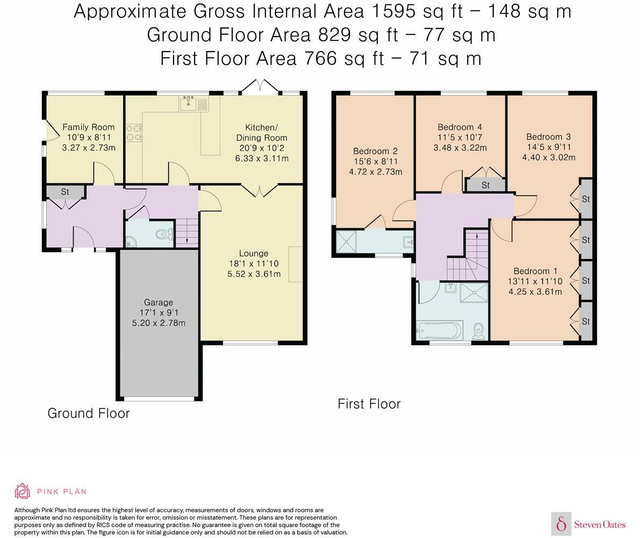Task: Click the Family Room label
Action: coord(88,127)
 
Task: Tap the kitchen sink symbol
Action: coord(193,104)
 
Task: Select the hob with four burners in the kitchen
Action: coord(134,133)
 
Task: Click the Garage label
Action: coord(159,303)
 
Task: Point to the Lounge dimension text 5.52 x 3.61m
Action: coord(254,274)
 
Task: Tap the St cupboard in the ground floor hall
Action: coord(66,192)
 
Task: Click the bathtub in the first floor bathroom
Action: coord(439,330)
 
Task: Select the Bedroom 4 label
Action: coord(459,127)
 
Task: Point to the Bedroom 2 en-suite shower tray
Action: coord(346,242)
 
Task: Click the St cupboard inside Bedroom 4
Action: coord(485,185)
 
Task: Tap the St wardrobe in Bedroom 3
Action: coord(586,199)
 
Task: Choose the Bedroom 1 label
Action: coord(535,271)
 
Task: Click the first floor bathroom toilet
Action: coord(478,332)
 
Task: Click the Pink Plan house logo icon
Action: coord(23,491)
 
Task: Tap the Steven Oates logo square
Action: coord(561,523)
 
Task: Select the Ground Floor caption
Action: coord(89,413)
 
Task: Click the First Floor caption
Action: coord(369,404)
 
